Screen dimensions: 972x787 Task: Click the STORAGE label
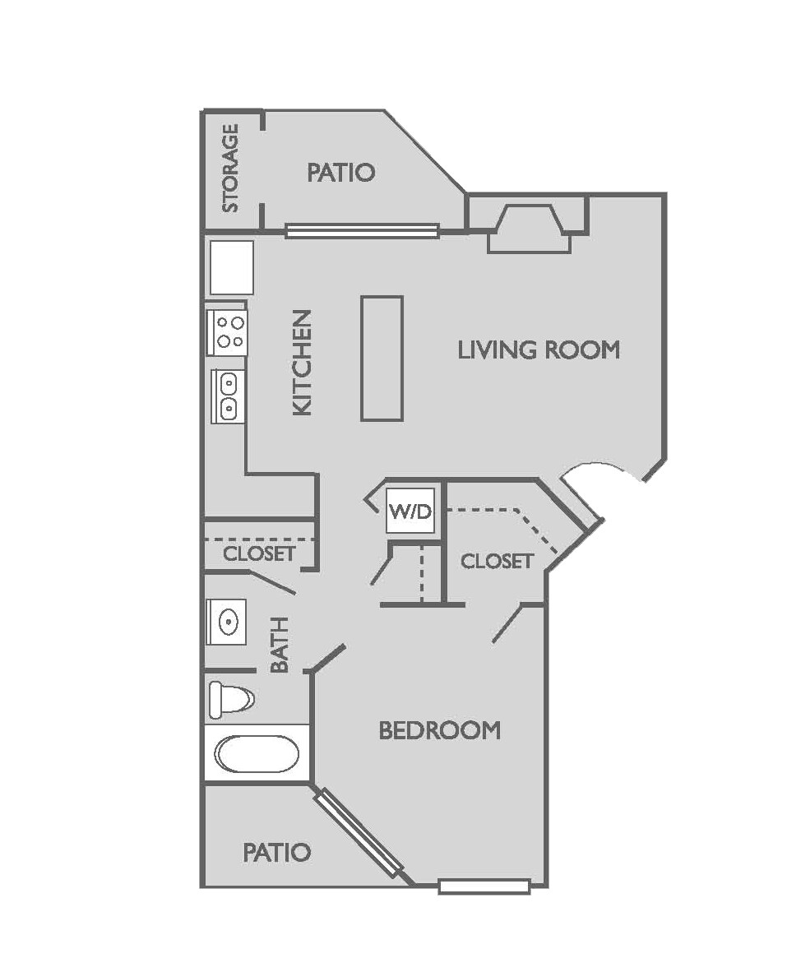(231, 168)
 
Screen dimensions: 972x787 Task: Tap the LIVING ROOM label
(539, 350)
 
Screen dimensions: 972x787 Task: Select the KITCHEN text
(303, 362)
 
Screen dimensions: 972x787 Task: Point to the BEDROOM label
(439, 730)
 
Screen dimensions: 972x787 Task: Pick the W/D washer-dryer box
(410, 511)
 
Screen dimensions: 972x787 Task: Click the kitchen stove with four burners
(228, 331)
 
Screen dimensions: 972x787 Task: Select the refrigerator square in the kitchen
(232, 267)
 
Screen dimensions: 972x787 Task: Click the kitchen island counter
(382, 359)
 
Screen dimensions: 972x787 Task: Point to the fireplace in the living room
(530, 229)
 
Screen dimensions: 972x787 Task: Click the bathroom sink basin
(226, 623)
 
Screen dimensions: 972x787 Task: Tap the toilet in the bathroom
(230, 700)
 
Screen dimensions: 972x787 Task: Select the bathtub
(257, 753)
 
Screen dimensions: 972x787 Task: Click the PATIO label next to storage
(341, 173)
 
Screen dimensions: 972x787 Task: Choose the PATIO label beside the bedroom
(277, 852)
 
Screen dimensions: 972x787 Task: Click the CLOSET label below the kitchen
(259, 553)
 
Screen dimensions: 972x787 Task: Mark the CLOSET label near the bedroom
(498, 562)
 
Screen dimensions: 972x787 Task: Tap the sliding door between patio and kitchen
(362, 231)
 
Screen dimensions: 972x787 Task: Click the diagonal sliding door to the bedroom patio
(359, 831)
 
